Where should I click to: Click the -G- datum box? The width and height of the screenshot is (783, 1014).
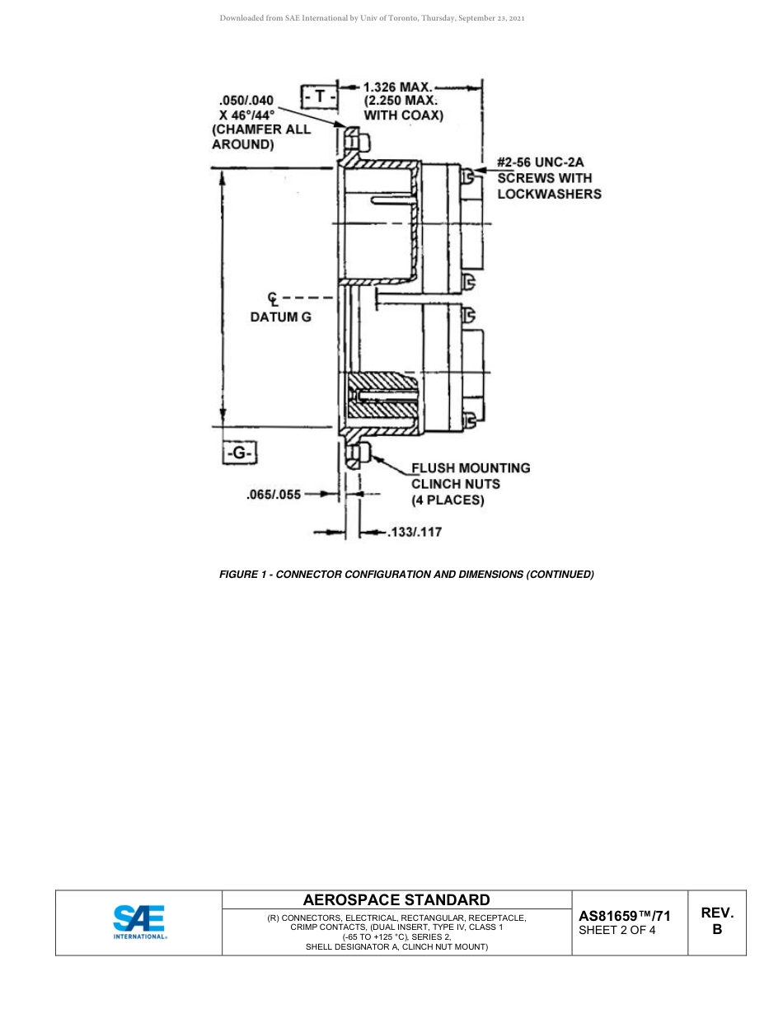[x=239, y=453]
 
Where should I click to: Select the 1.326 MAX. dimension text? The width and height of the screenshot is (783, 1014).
[x=398, y=87]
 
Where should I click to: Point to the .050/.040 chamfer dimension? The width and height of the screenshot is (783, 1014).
[x=240, y=101]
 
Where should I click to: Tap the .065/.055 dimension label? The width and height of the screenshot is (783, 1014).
[x=274, y=495]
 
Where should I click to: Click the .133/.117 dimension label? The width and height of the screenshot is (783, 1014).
[x=414, y=532]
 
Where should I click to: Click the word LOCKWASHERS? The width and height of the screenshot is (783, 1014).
[x=549, y=194]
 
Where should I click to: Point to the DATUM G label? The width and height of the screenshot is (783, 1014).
[x=281, y=317]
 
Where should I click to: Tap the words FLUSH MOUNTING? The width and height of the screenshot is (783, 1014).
[x=471, y=468]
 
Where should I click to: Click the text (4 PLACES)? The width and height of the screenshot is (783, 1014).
[x=448, y=500]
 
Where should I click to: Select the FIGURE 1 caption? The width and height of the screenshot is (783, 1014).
[x=406, y=574]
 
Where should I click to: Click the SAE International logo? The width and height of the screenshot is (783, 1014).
[x=139, y=922]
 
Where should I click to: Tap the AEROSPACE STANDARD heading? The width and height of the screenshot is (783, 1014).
[x=396, y=899]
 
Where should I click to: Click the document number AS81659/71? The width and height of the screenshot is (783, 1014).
[x=624, y=916]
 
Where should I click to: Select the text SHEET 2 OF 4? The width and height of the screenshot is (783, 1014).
[x=617, y=932]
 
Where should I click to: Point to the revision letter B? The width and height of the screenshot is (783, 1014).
[x=717, y=930]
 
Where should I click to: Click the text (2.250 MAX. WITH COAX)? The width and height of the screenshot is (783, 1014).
[x=403, y=108]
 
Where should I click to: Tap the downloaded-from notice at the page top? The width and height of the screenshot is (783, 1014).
[x=372, y=17]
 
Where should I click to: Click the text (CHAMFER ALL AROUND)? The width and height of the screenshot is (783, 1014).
[x=261, y=137]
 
